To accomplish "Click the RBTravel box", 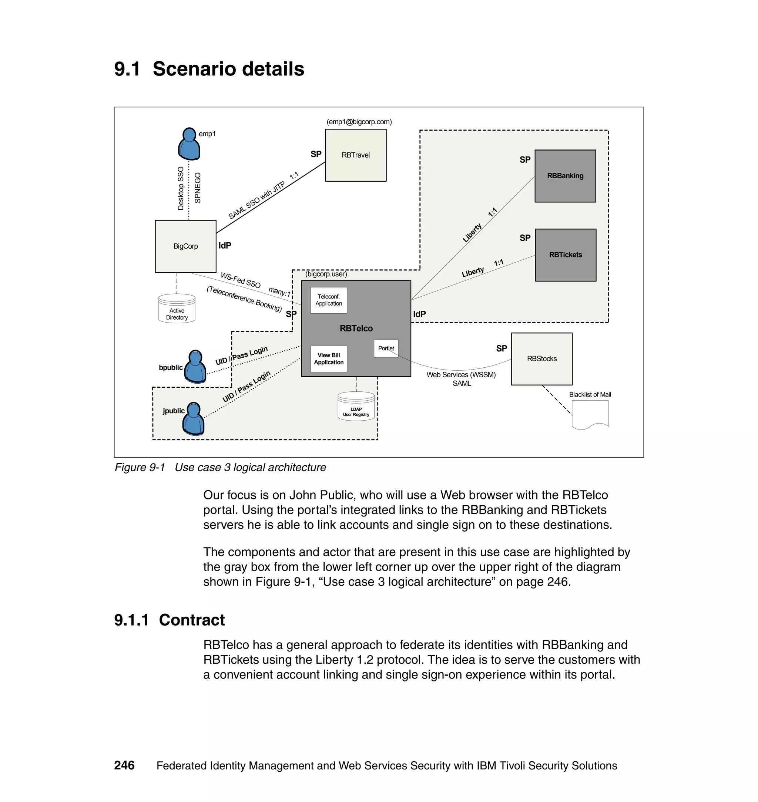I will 356,155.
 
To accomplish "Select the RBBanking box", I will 565,176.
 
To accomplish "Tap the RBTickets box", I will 565,255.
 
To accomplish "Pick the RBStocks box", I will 541,358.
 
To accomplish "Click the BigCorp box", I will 185,246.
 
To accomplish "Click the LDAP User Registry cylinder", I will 356,407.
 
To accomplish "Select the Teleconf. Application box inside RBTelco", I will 329,300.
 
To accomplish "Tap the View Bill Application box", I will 329,358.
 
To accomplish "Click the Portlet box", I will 386,348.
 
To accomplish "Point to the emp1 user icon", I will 189,144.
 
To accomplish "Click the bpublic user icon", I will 195,367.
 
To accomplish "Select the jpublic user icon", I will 194,419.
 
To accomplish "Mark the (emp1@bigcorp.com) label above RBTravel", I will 359,122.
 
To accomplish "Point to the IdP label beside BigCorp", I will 225,246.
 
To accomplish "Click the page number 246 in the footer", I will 124,765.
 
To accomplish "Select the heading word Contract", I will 192,620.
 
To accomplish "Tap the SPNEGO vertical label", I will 198,188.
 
